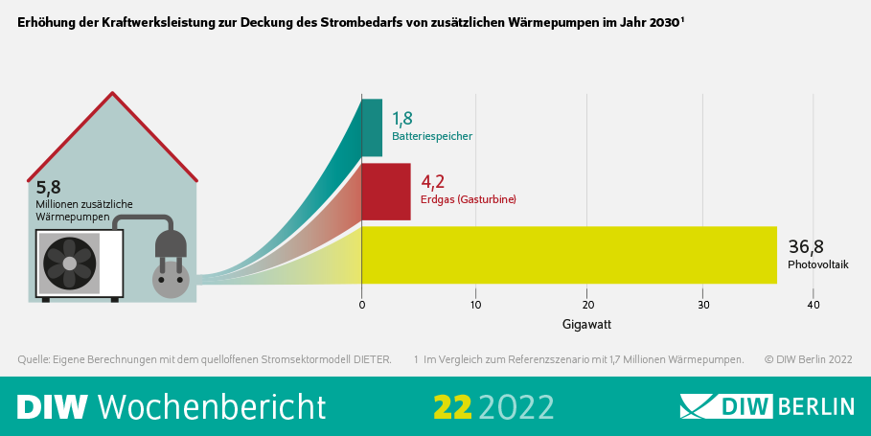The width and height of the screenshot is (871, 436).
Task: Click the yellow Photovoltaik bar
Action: [x=569, y=255]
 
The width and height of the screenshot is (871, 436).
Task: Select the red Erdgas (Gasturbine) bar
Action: [x=386, y=192]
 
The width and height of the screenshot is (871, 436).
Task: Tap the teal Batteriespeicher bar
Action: [x=372, y=127]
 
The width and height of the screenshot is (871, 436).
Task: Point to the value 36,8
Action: [x=806, y=246]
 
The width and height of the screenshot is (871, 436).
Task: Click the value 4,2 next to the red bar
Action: [x=432, y=180]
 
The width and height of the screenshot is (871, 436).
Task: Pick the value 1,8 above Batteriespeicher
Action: [x=401, y=118]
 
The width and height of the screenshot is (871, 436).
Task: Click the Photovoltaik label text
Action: [x=817, y=264]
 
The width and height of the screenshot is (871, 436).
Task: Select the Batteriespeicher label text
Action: [x=431, y=136]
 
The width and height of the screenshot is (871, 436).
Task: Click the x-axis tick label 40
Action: [x=814, y=305]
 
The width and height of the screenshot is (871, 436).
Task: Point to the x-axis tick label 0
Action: [x=362, y=305]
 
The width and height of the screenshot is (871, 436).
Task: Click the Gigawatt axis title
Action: [x=586, y=324]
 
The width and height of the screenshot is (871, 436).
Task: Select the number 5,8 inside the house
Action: [x=48, y=188]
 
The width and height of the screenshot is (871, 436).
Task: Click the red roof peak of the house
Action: [x=114, y=95]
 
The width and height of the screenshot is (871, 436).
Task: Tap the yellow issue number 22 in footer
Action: [x=452, y=406]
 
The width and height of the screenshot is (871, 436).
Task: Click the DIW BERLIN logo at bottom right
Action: [x=767, y=405]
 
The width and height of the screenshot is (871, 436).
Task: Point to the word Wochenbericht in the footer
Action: [x=212, y=406]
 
